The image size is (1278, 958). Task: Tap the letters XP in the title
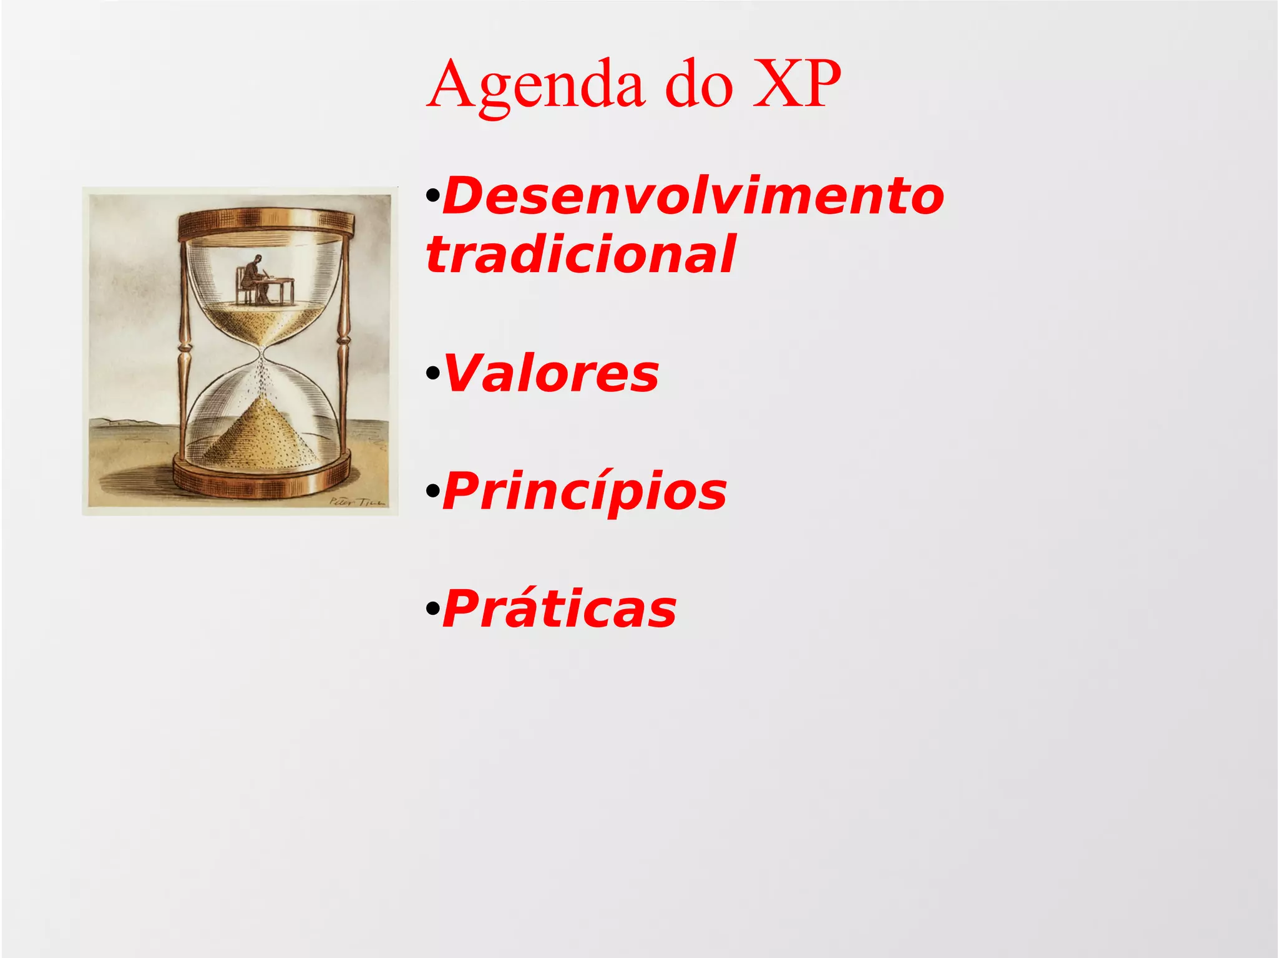coord(797,84)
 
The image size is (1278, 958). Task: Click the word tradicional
coord(580,255)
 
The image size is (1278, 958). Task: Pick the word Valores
coord(551,373)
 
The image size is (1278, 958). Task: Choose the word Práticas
coord(560,609)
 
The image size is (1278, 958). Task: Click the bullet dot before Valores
coord(432,374)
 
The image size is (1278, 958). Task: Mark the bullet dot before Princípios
coord(432,492)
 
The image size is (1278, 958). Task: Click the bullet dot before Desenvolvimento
coord(432,197)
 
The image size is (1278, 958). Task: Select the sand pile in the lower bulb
coord(262,437)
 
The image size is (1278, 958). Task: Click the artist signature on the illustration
coord(357,501)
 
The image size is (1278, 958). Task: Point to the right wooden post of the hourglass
coord(343,349)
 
